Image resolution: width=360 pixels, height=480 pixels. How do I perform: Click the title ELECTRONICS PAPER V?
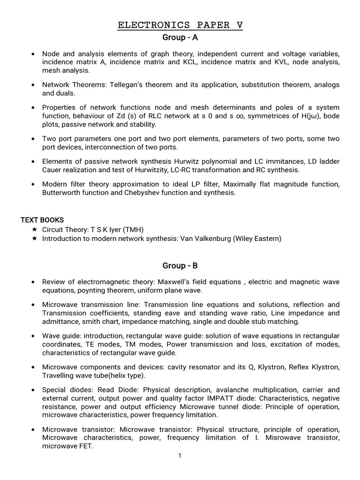click(180, 25)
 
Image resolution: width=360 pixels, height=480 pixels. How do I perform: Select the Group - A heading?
click(180, 37)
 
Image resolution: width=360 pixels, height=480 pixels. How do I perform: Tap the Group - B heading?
click(180, 266)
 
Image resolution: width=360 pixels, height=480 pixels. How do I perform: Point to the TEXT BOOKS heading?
click(42, 220)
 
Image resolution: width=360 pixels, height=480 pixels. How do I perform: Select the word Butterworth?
click(61, 193)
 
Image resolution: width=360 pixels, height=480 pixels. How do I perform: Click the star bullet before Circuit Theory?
click(34, 229)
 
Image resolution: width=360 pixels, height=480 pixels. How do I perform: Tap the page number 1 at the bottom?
click(180, 455)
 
